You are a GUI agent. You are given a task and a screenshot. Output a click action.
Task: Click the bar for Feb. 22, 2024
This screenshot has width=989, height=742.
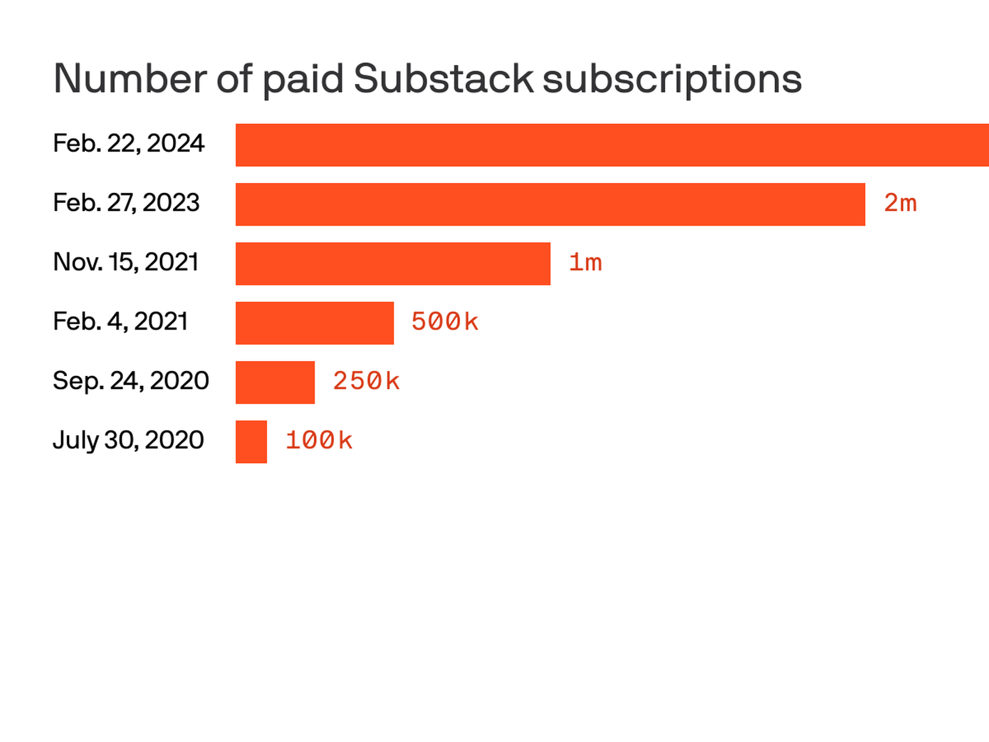click(612, 145)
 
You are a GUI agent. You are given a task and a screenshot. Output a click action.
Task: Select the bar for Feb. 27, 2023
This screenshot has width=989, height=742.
click(550, 204)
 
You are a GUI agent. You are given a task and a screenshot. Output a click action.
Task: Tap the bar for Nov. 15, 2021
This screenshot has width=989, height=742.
click(393, 263)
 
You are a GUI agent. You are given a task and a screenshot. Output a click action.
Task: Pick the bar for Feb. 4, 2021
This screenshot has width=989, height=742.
click(315, 323)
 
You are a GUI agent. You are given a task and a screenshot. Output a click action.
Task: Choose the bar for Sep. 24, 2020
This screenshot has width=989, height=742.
click(275, 382)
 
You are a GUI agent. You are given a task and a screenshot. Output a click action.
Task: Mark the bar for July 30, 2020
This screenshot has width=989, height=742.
click(251, 441)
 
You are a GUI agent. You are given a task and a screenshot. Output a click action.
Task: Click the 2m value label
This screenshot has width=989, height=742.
click(900, 203)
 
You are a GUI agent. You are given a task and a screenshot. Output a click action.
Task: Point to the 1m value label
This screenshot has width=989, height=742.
click(585, 263)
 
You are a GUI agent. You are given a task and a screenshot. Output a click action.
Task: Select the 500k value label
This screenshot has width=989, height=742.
click(444, 322)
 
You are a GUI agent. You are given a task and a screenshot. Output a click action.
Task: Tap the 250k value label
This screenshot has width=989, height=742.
click(366, 382)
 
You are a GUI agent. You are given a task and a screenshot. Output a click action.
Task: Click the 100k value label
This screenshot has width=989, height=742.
click(318, 441)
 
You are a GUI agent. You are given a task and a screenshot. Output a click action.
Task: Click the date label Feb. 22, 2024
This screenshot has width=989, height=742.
click(129, 144)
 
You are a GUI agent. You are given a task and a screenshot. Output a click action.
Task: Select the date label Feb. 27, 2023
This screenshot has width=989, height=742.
click(126, 203)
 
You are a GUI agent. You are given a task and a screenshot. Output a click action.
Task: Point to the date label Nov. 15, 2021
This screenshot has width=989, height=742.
click(125, 263)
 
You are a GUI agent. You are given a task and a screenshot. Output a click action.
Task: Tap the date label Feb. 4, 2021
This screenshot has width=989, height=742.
click(120, 322)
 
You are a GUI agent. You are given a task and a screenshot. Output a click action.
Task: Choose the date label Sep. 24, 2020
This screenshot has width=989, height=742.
click(130, 381)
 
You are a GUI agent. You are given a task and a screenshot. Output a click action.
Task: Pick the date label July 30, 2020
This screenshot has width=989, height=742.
click(128, 440)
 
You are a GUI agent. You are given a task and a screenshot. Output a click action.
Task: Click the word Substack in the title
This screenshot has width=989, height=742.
click(443, 79)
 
